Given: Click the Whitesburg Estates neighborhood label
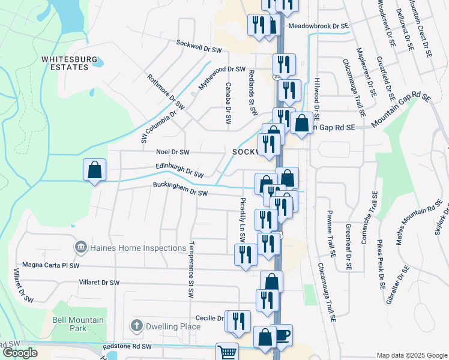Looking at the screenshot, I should (65, 63).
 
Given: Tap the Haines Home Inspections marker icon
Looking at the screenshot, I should (79, 248).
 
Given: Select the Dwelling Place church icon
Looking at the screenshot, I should (136, 326).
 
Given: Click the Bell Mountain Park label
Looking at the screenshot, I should (78, 324).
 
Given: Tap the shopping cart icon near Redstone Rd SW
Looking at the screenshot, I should (227, 353).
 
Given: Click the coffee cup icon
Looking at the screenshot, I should (282, 335).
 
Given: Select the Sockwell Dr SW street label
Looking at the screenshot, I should (199, 44).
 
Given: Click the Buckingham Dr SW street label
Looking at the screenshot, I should (179, 190).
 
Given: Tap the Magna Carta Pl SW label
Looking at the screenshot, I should (50, 265).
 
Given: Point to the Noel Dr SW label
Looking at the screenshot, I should (172, 152).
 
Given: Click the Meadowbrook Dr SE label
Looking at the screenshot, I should (318, 26).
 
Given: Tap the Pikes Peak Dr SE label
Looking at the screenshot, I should (379, 266).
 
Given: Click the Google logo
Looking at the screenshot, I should (20, 353).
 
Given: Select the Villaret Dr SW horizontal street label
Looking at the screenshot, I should (99, 282).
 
